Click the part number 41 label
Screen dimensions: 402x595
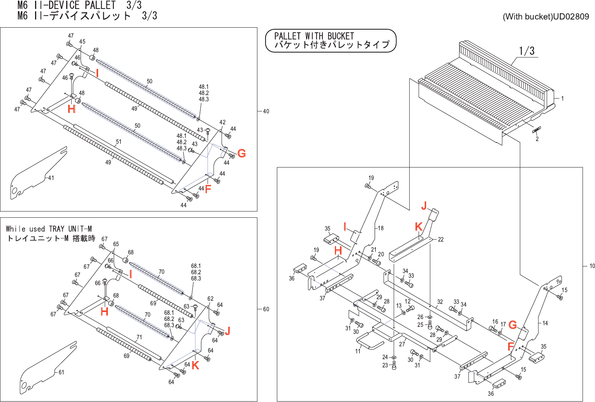[x=51, y=178]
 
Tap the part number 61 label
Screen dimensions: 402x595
[x=62, y=372]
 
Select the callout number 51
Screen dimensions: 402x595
[x=118, y=142]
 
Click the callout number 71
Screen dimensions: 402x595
[x=139, y=337]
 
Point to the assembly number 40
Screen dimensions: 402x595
[x=266, y=111]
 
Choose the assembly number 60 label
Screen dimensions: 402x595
[x=266, y=309]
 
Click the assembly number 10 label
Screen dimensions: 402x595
[x=592, y=266]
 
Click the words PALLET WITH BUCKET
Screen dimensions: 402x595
[x=314, y=36]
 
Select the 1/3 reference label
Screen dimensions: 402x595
[x=527, y=51]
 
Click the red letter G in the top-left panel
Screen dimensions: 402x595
[x=241, y=153]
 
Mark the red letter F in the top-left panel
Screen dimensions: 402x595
[x=208, y=189]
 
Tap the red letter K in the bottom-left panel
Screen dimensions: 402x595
[x=195, y=365]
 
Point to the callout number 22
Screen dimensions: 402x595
[x=441, y=240]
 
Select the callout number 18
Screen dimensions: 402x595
[x=380, y=228]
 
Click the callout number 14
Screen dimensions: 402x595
[x=545, y=323]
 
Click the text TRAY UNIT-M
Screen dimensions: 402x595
[x=70, y=229]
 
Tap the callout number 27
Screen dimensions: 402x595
[x=402, y=344]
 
